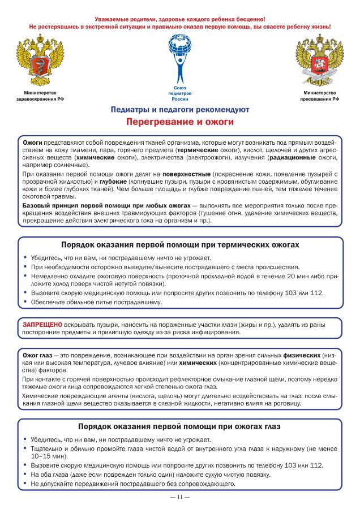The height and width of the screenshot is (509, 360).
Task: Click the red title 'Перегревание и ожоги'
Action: click(180, 122)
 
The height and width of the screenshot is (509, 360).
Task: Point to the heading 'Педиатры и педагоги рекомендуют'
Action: click(180, 109)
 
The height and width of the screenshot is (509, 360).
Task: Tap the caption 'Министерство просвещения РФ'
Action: click(320, 96)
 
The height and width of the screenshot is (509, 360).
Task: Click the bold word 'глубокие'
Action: click(113, 182)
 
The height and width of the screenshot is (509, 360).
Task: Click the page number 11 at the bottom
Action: click(179, 497)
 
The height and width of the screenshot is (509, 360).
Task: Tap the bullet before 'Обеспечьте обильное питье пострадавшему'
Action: click(25, 301)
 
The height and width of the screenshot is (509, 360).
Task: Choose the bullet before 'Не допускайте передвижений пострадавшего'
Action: click(25, 484)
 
